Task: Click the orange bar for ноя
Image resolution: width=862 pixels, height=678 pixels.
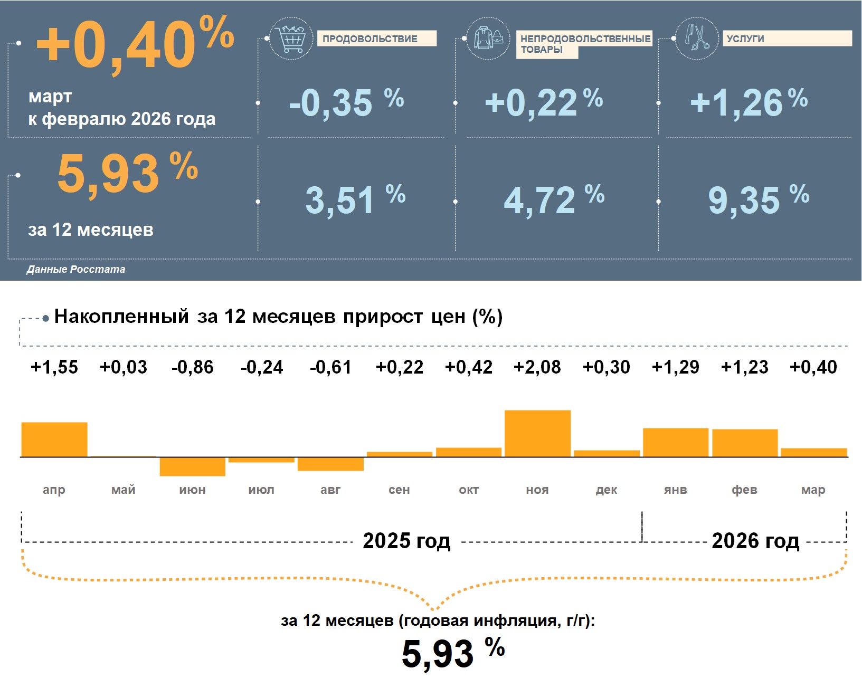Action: click(x=537, y=433)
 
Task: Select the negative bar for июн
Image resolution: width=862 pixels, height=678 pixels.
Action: click(x=192, y=467)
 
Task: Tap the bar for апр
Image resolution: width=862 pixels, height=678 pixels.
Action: click(x=54, y=440)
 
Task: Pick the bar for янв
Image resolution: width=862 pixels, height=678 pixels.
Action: click(x=675, y=442)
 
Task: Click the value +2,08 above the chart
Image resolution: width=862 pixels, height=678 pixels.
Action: click(x=537, y=367)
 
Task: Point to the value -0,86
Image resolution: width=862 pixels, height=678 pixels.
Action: click(x=192, y=367)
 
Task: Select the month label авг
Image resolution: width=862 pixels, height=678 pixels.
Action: click(x=330, y=490)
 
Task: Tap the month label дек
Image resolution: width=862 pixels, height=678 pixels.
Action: click(x=606, y=490)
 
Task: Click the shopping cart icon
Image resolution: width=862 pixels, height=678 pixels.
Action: click(x=290, y=38)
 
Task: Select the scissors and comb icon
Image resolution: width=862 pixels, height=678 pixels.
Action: click(x=697, y=38)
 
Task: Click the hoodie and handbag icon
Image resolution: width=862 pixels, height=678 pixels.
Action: click(x=488, y=38)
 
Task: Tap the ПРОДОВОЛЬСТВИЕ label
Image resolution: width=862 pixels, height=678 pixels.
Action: click(x=376, y=39)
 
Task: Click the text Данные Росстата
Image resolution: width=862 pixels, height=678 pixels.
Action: click(x=76, y=269)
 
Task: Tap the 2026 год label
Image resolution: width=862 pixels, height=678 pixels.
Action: click(x=755, y=541)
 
